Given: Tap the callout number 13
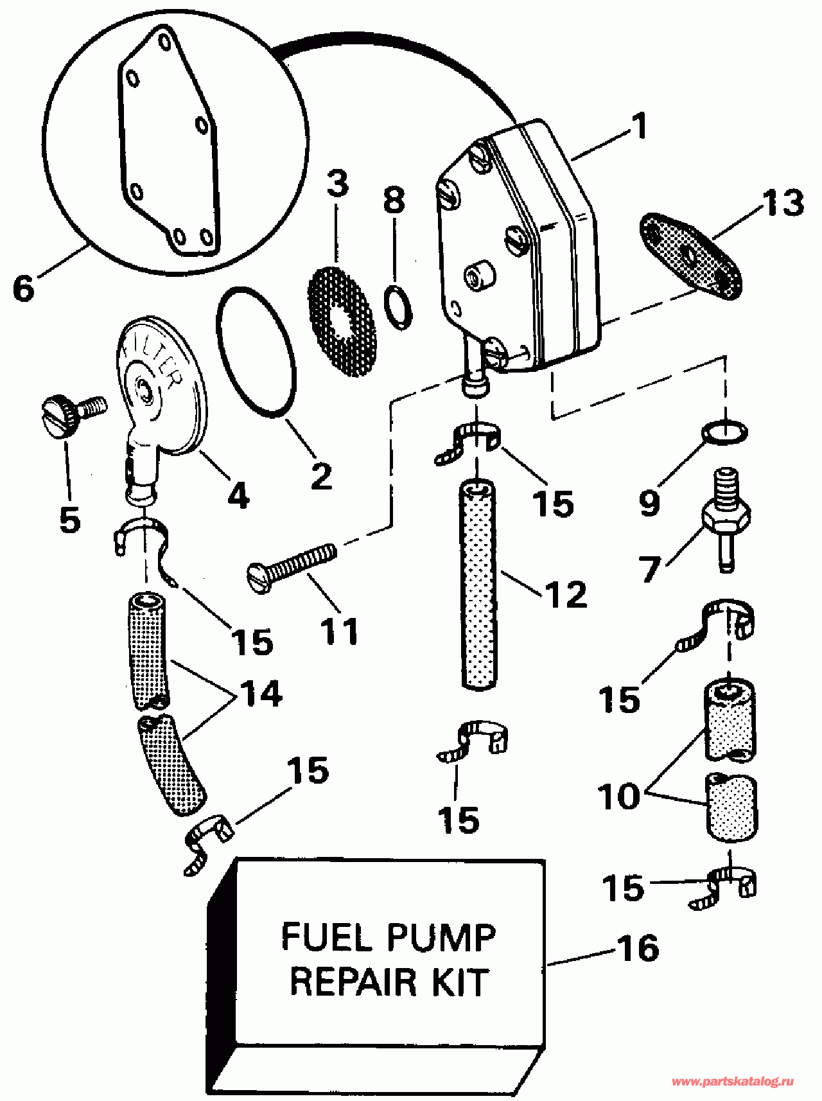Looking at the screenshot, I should tap(783, 202).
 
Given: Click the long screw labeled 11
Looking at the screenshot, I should tap(292, 563).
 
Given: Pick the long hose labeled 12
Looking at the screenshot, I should tap(478, 585).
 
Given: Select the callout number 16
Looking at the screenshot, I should tap(638, 949).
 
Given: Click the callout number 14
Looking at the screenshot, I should tap(261, 694).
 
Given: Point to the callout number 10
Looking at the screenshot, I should tap(620, 797).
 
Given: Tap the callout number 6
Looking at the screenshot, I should tap(24, 288).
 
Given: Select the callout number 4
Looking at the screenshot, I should tap(238, 495).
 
